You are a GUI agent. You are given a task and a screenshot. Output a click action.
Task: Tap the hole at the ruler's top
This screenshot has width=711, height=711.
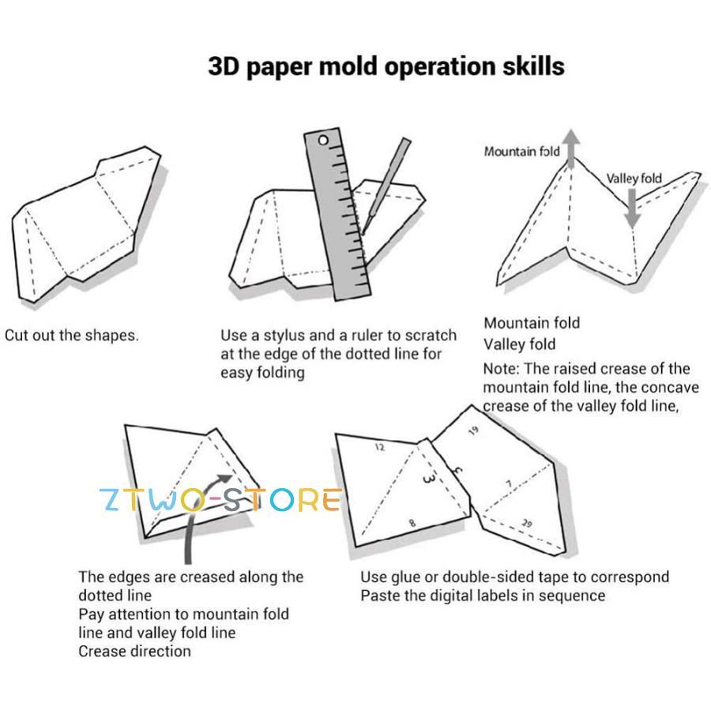(322, 140)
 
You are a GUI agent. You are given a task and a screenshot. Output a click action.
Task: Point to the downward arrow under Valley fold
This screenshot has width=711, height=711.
(631, 209)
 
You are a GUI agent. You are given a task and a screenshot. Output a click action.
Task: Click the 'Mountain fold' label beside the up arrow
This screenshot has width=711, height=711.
(521, 151)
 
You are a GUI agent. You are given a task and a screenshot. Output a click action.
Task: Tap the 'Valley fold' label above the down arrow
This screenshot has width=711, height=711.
(634, 178)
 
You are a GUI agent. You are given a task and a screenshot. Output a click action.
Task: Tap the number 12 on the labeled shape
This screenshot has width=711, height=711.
(380, 448)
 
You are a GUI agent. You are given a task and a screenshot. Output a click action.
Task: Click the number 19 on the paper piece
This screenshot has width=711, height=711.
(473, 431)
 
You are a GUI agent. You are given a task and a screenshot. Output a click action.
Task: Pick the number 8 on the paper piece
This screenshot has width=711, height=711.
(412, 523)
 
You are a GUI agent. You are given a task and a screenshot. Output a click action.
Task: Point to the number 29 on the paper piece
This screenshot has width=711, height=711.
(527, 524)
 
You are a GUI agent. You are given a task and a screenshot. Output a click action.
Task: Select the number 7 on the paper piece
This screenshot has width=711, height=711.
(509, 483)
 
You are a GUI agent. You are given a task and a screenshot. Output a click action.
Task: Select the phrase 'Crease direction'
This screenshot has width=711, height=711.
(134, 651)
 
